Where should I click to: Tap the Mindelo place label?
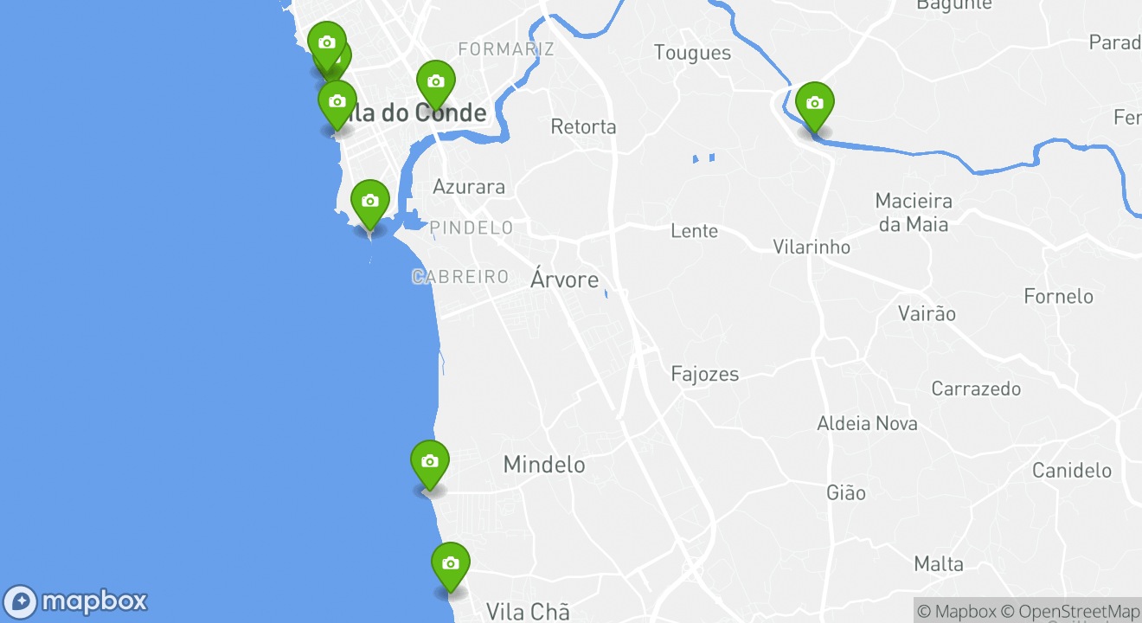click(543, 465)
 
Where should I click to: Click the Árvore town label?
click(564, 279)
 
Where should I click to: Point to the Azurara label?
click(468, 187)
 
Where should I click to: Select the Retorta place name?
click(583, 127)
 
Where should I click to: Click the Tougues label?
click(692, 53)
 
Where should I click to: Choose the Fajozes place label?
click(705, 375)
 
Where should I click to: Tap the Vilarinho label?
click(811, 247)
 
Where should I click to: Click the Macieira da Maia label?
click(913, 213)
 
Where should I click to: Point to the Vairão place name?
click(927, 313)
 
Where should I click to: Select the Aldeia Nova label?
click(867, 424)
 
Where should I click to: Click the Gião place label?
click(845, 493)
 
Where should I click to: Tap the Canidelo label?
click(1071, 471)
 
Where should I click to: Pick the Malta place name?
click(939, 564)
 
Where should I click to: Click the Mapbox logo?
click(77, 601)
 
